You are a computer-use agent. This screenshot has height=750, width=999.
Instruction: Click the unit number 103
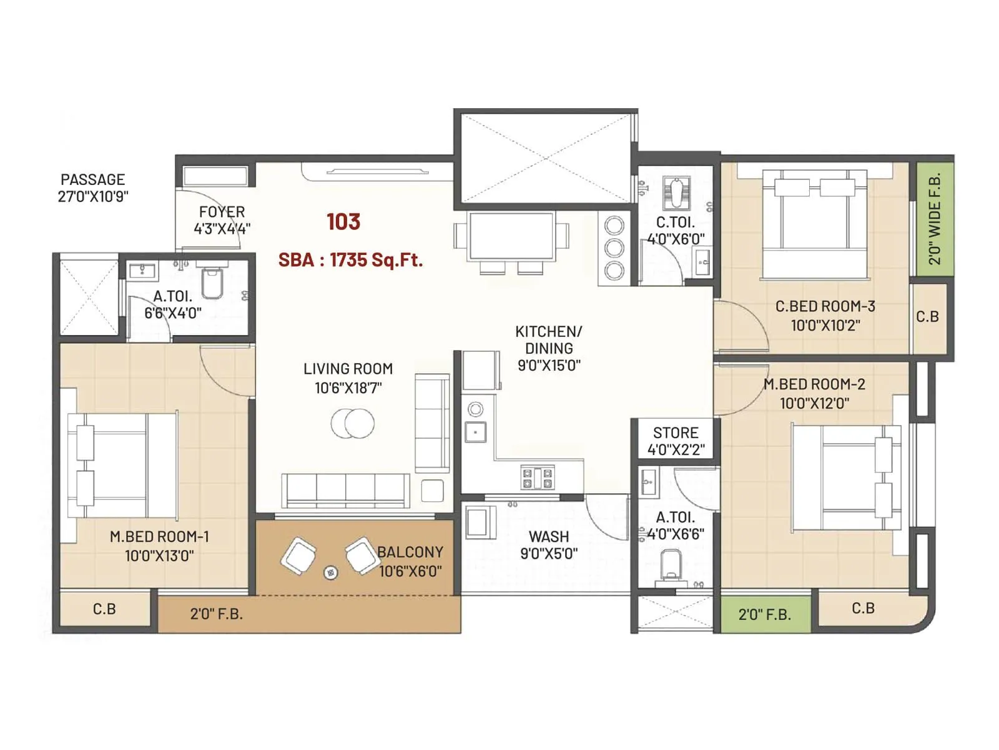[x=343, y=221]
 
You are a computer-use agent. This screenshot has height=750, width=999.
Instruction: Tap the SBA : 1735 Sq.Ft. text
[x=350, y=259]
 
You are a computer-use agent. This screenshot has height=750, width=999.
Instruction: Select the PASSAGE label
[x=92, y=179]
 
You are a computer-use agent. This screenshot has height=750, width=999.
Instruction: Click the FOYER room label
[x=222, y=212]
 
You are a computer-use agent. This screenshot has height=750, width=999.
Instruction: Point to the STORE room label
[x=676, y=432]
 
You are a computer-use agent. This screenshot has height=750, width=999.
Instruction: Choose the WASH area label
[x=549, y=536]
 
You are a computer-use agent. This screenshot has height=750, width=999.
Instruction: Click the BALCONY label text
[x=410, y=552]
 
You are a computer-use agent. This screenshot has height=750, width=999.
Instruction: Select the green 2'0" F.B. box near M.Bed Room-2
[x=765, y=614]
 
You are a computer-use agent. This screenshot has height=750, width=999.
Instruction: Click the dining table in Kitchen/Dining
[x=512, y=236]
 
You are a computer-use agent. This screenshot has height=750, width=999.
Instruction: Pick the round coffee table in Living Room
[x=353, y=423]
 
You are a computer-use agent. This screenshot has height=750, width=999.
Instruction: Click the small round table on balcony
[x=331, y=572]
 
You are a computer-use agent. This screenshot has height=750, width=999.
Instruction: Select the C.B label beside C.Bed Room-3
[x=927, y=317]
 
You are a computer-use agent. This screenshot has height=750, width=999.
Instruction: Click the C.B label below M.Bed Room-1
[x=104, y=609]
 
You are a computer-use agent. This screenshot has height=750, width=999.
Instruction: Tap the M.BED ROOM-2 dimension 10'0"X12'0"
[x=814, y=403]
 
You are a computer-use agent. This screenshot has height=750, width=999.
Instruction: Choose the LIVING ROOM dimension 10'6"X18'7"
[x=348, y=388]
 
